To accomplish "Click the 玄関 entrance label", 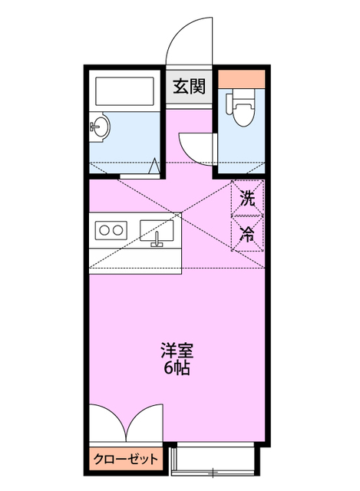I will coord(189,87).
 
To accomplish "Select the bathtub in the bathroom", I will coord(124,92).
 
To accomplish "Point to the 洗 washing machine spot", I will coord(247,198).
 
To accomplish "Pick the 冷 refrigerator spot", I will coord(247,234).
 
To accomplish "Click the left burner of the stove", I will coord(104,229).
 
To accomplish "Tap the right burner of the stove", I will coord(119,229).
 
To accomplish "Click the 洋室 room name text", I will coord(177,351).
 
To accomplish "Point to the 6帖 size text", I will coord(177,368).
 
